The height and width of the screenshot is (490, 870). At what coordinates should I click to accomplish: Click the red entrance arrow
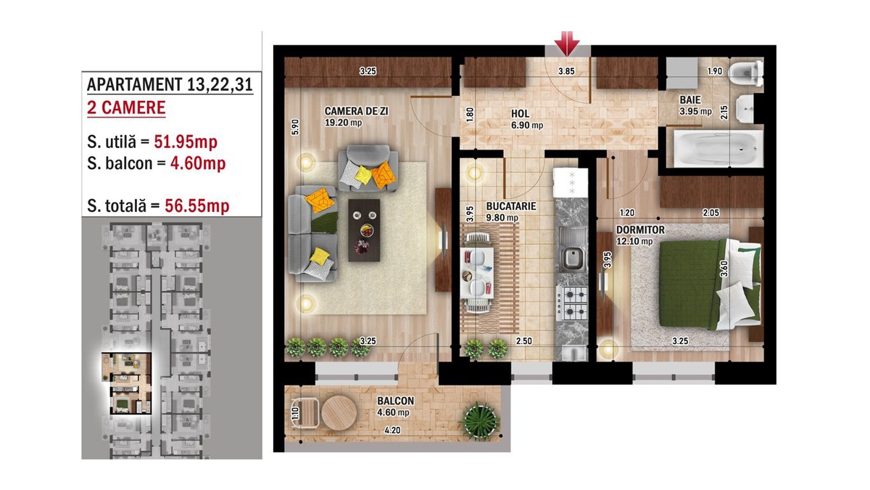pyautogui.click(x=567, y=43)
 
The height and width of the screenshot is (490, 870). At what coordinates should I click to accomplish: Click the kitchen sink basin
pyautogui.click(x=573, y=258)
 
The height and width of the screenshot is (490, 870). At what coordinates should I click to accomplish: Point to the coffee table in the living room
pyautogui.click(x=364, y=230)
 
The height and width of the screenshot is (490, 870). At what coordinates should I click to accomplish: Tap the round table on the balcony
pyautogui.click(x=339, y=412)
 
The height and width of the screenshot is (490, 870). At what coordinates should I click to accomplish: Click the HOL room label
pyautogui.click(x=520, y=113)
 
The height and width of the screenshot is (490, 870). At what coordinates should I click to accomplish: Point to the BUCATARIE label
pyautogui.click(x=510, y=206)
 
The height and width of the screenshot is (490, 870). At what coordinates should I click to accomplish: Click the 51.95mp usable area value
pyautogui.click(x=186, y=142)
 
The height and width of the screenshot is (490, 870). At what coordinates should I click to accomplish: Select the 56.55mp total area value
pyautogui.click(x=197, y=206)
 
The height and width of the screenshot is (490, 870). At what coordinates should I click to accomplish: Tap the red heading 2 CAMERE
pyautogui.click(x=126, y=107)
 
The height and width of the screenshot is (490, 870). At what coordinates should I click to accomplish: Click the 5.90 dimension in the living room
pyautogui.click(x=295, y=127)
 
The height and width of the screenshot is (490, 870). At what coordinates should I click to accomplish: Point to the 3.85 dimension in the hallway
pyautogui.click(x=566, y=71)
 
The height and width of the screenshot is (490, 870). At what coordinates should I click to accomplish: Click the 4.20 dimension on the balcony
pyautogui.click(x=392, y=430)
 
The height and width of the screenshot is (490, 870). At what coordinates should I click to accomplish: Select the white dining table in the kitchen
pyautogui.click(x=477, y=273)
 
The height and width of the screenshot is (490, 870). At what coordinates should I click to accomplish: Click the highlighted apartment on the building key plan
pyautogui.click(x=126, y=383)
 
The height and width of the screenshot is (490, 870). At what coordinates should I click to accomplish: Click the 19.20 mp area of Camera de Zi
pyautogui.click(x=344, y=123)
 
